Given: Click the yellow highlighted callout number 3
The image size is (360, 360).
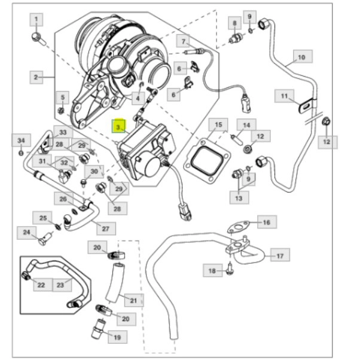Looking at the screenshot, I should [120, 127].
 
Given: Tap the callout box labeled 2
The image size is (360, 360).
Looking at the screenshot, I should [36, 77].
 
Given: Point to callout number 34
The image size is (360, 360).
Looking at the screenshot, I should [21, 141].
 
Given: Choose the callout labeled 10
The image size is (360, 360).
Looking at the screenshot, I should [301, 57].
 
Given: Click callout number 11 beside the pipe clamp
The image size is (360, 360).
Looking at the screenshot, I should [285, 96].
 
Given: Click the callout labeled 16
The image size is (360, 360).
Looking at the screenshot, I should [267, 222].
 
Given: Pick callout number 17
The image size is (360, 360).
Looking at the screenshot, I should [280, 256].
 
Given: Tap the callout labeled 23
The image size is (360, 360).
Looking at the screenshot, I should [59, 285].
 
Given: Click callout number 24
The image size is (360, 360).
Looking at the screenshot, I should [26, 232].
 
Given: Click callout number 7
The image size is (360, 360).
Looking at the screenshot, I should [185, 41].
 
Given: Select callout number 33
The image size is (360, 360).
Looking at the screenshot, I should [62, 132].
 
